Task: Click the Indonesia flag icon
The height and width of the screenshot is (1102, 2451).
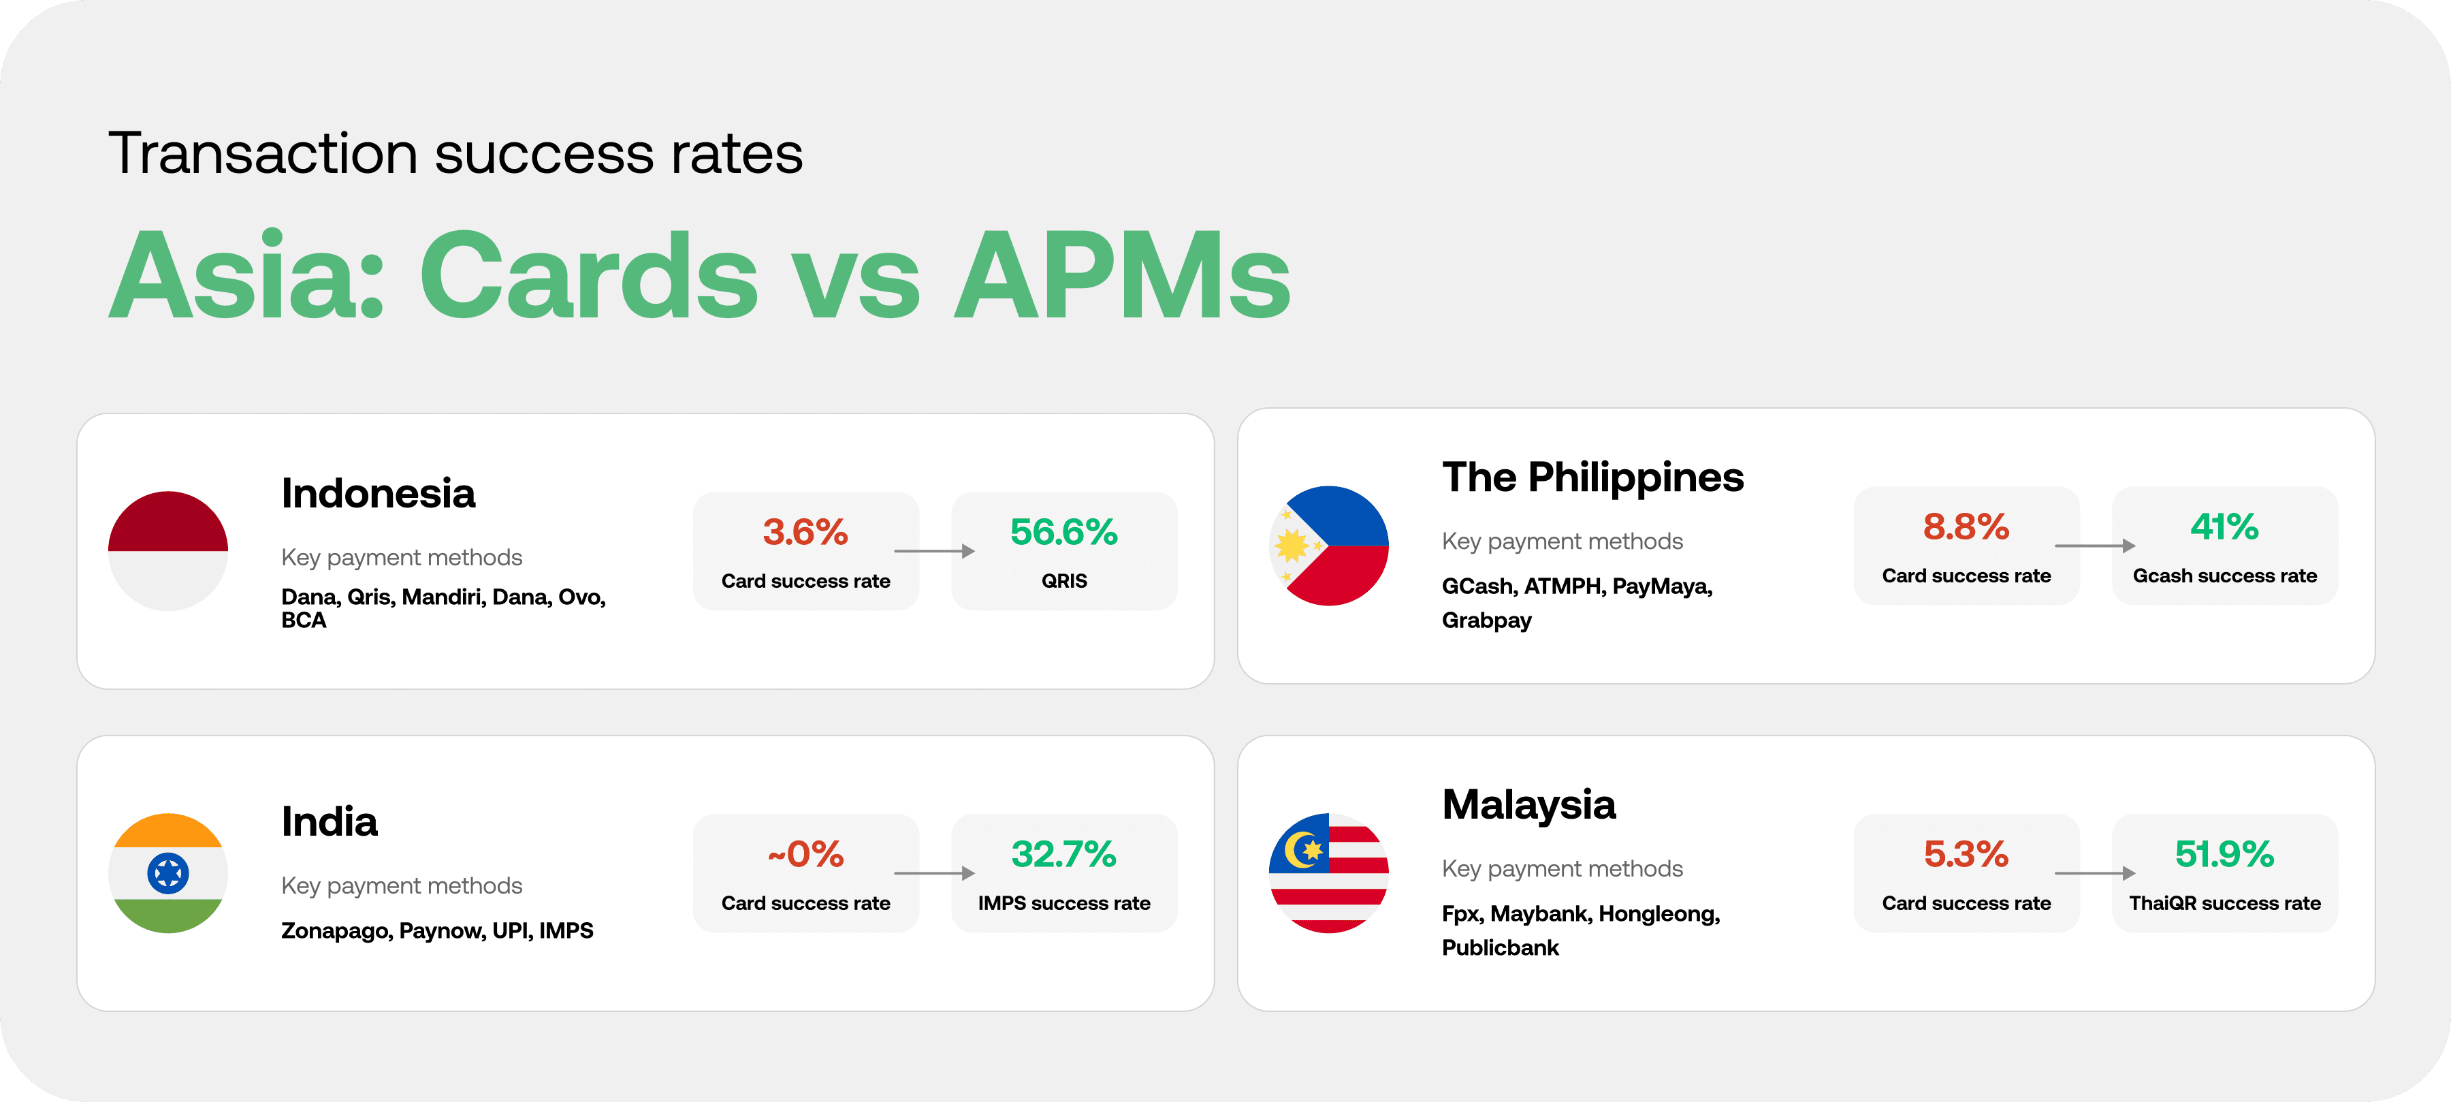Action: point(167,551)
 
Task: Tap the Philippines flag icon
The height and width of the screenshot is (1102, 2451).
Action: point(1328,546)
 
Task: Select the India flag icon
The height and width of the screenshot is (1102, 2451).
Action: point(167,872)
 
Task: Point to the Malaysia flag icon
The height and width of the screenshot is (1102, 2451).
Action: point(1328,872)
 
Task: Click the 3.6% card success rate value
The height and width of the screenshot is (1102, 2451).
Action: point(805,532)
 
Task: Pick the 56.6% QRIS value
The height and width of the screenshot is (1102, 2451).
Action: point(1063,532)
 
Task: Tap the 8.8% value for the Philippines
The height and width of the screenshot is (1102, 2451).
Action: point(1966,526)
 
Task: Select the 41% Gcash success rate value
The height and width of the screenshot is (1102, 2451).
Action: point(2224,526)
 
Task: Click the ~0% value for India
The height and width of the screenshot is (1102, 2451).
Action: point(805,853)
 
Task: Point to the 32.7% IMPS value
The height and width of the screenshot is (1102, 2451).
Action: point(1063,853)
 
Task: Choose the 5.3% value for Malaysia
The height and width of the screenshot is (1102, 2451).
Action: point(1966,853)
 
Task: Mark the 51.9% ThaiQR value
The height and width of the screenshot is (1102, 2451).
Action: point(2224,853)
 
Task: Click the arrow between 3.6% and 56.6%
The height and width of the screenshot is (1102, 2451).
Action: point(934,551)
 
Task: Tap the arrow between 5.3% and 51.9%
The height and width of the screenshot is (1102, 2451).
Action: point(2095,872)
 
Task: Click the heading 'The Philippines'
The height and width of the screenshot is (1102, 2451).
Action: point(1592,477)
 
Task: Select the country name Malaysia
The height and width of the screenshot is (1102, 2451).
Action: point(1529,805)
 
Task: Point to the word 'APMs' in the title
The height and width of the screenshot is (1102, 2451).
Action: point(1122,276)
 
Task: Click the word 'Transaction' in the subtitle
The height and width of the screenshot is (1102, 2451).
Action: point(263,154)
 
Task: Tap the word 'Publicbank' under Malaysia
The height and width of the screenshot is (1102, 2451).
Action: point(1501,948)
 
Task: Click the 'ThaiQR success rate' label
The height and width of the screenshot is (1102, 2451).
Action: point(2224,903)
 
